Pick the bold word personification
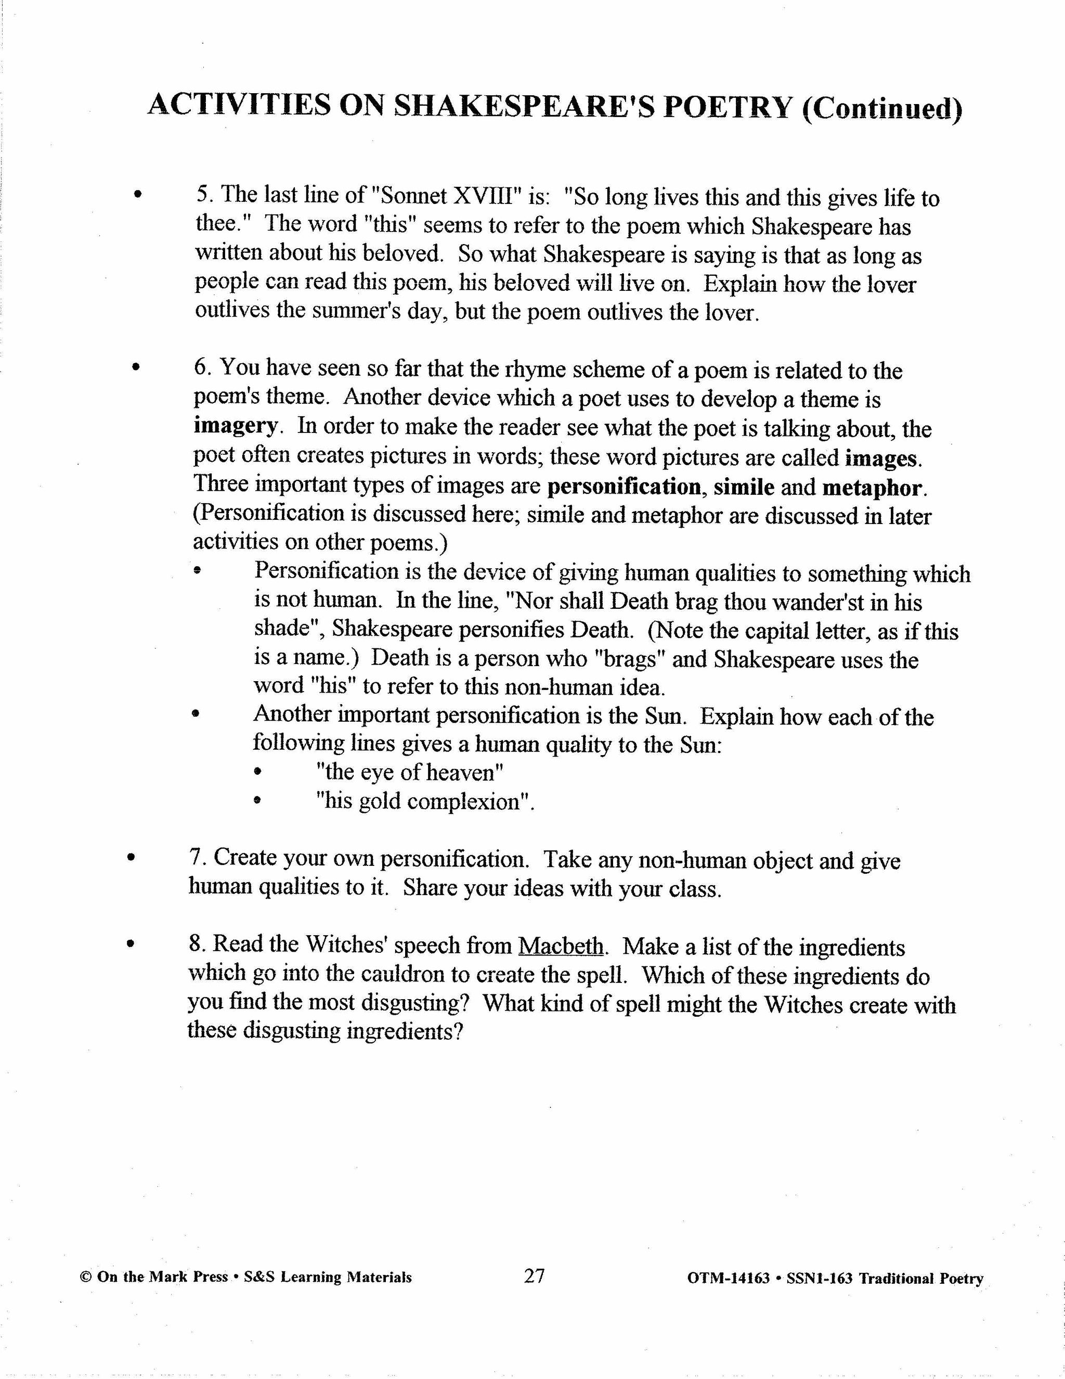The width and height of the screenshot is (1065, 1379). click(x=624, y=487)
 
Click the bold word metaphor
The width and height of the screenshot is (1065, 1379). click(x=872, y=488)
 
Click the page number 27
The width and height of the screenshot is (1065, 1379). click(x=534, y=1275)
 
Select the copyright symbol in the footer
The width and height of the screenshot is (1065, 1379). click(x=86, y=1276)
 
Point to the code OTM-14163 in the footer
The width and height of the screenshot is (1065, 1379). click(x=729, y=1278)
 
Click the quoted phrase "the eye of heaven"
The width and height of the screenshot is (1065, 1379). click(x=409, y=772)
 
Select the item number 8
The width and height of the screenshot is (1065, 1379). click(x=195, y=944)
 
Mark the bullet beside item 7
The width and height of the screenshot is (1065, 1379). click(x=131, y=858)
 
